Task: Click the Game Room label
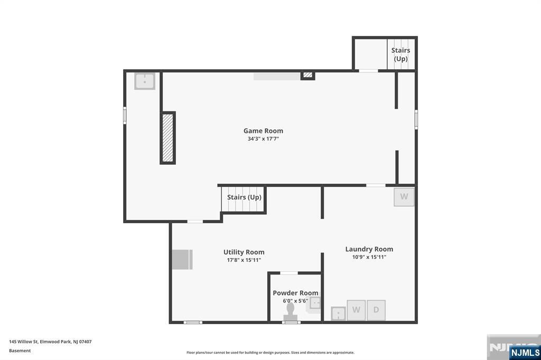click(x=263, y=131)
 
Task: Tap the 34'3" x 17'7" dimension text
click(x=263, y=139)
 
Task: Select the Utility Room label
click(x=244, y=252)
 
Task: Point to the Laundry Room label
click(x=369, y=249)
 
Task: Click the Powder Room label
click(x=295, y=293)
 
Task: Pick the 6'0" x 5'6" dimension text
click(x=295, y=301)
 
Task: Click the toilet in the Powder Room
click(x=291, y=312)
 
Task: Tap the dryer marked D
click(x=376, y=310)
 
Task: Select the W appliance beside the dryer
click(x=356, y=310)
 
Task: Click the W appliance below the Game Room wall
click(x=404, y=197)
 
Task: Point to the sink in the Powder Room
click(x=315, y=304)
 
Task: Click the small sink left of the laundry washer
click(x=338, y=314)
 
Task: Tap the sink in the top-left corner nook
click(x=145, y=81)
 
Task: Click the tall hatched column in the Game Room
click(x=167, y=138)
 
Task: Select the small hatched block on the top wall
click(x=308, y=75)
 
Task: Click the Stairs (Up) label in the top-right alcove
click(x=400, y=54)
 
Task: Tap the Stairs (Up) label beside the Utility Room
click(x=244, y=197)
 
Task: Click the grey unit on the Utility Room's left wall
click(x=182, y=259)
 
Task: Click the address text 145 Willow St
click(x=23, y=342)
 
